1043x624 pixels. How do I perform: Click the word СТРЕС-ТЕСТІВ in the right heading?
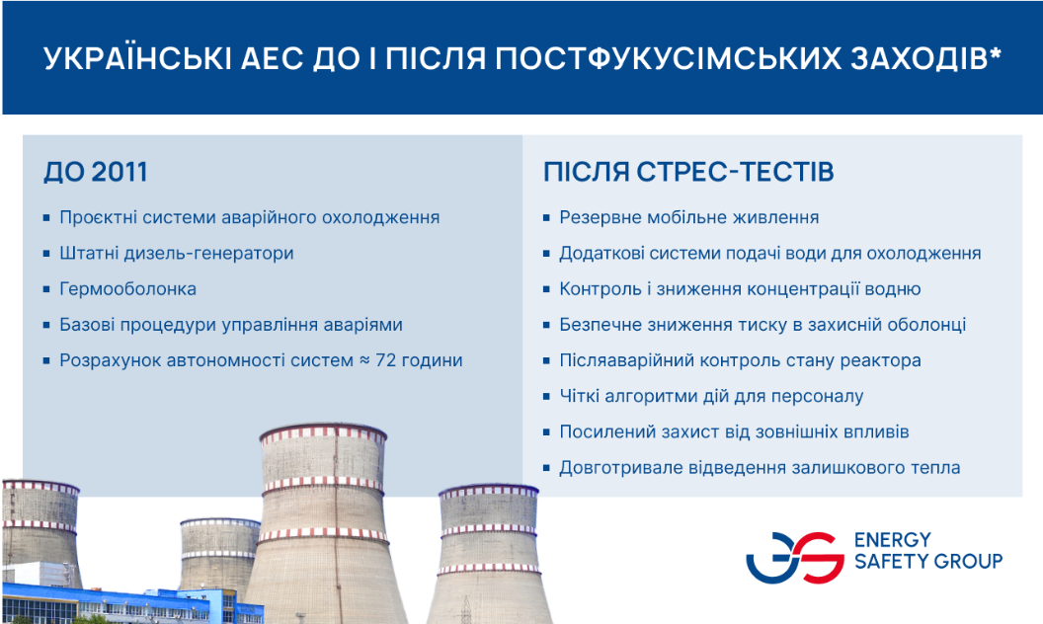click(x=735, y=172)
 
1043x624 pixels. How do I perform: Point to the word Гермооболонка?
click(x=127, y=289)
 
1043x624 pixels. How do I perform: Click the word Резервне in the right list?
click(x=602, y=218)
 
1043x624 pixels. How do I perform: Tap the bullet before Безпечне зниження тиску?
click(x=546, y=325)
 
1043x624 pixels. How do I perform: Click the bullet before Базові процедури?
click(x=46, y=325)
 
